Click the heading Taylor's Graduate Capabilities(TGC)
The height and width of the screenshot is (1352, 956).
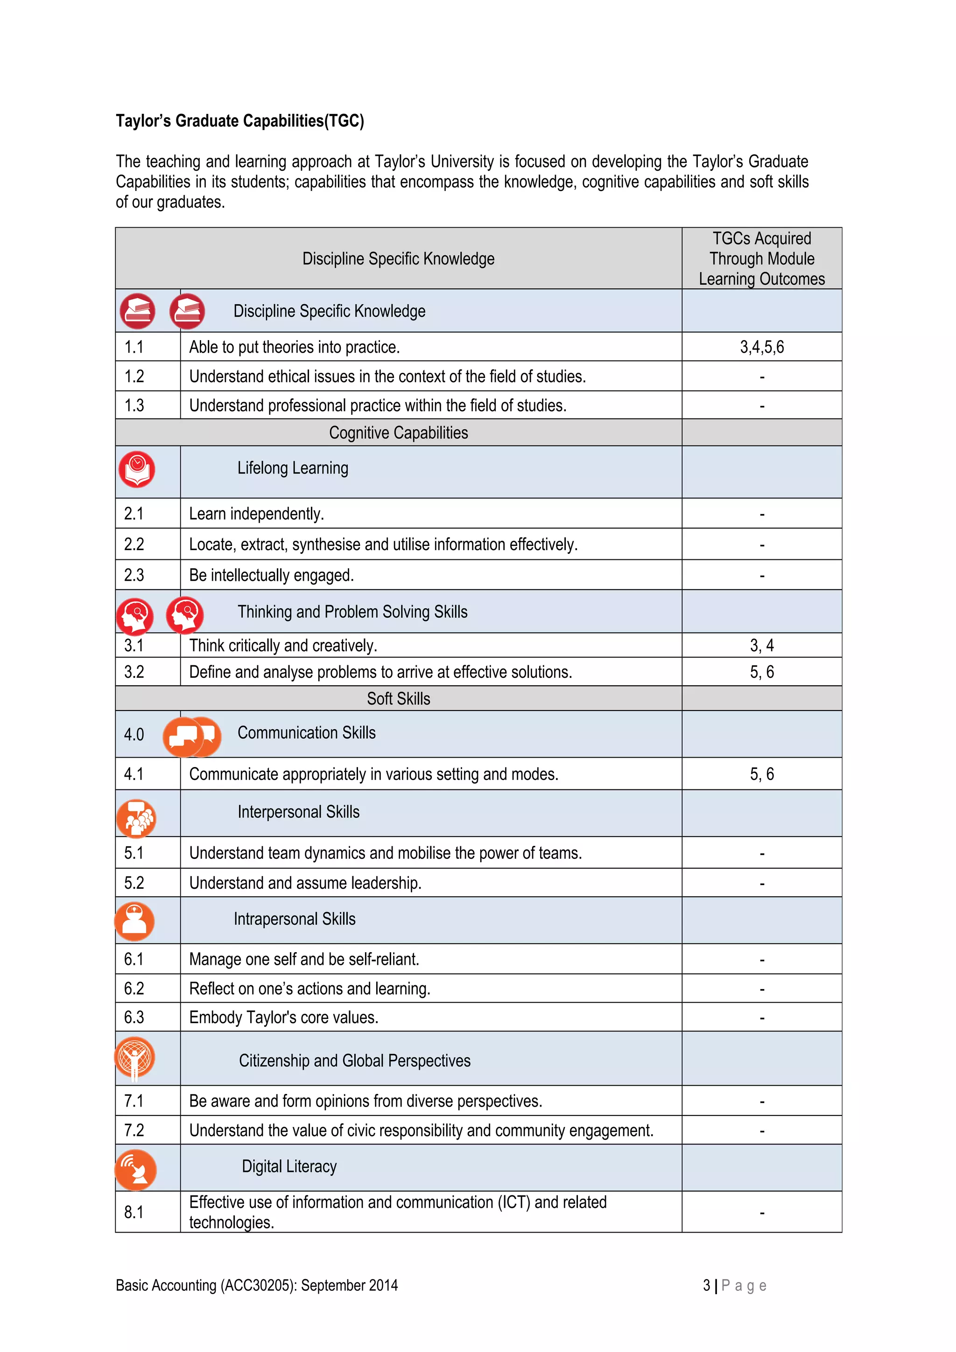tap(240, 121)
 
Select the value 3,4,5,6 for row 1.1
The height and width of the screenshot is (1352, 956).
tap(762, 347)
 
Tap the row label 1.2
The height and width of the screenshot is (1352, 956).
tap(134, 376)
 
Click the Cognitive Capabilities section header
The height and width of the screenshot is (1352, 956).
tap(398, 433)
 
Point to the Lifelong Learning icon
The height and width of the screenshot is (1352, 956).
tap(137, 469)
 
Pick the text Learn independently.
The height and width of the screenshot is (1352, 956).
tap(256, 514)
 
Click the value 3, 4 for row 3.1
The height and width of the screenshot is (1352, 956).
tap(762, 645)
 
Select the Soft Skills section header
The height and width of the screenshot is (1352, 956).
tap(398, 699)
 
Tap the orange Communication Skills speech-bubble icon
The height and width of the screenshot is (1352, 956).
tap(191, 736)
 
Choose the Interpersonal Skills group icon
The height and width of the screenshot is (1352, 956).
tap(136, 818)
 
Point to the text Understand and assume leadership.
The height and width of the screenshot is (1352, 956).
tap(305, 883)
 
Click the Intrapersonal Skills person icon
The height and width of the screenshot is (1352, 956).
tap(135, 921)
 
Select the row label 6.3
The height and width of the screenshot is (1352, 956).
tap(134, 1017)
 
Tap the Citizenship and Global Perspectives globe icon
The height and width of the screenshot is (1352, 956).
tap(135, 1058)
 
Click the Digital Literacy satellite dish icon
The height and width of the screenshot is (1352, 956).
tap(135, 1170)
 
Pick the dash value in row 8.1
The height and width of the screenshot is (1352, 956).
tap(762, 1213)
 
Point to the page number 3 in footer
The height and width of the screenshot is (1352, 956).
tap(706, 1285)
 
